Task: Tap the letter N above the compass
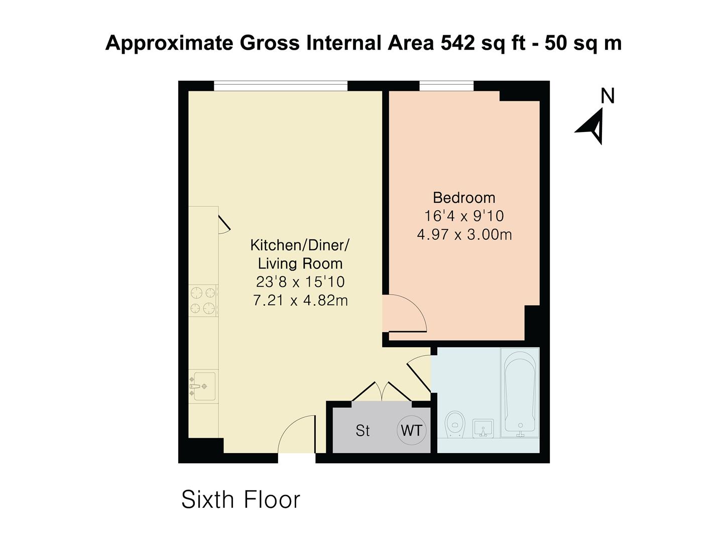tap(608, 96)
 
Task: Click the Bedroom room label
tap(464, 197)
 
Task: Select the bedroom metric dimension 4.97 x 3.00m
tap(464, 234)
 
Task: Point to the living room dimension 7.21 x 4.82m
tap(300, 300)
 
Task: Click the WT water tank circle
tap(412, 430)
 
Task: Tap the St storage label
tap(363, 431)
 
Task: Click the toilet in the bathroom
tap(455, 424)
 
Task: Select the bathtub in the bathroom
tap(520, 391)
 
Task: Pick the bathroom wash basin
tap(483, 428)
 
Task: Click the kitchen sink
tap(203, 386)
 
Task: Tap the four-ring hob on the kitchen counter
tap(203, 300)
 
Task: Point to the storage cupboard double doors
tap(383, 392)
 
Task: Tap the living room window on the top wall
tap(281, 86)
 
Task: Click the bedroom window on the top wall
tap(446, 86)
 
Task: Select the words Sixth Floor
tap(240, 499)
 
